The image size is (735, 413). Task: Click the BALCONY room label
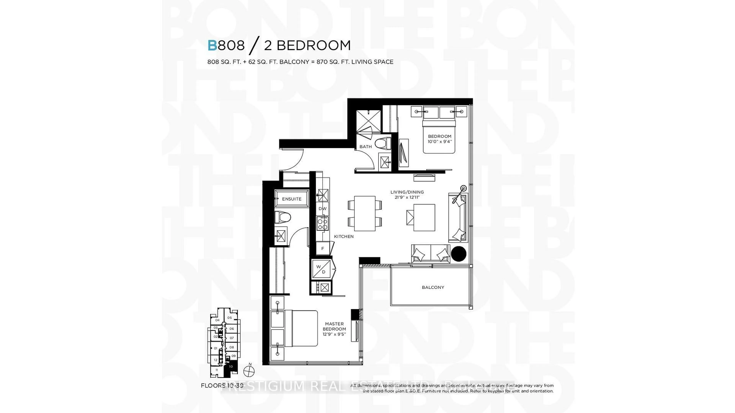pos(433,287)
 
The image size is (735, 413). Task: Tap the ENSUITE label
pos(292,199)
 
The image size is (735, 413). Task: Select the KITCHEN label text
pos(344,236)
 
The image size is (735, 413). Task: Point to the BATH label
pos(366,146)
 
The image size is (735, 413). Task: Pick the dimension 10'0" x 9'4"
pos(439,141)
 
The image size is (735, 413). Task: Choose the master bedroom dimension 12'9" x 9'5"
pos(334,334)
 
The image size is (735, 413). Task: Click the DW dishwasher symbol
pos(322,209)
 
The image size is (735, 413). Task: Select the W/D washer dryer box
pos(321,269)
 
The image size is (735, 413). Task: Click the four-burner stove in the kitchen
pos(322,224)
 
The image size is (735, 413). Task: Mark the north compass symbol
pos(249,371)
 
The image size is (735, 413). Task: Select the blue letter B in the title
pos(212,45)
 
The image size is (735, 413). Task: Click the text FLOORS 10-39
pos(222,386)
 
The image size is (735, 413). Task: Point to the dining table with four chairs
pos(365,213)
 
